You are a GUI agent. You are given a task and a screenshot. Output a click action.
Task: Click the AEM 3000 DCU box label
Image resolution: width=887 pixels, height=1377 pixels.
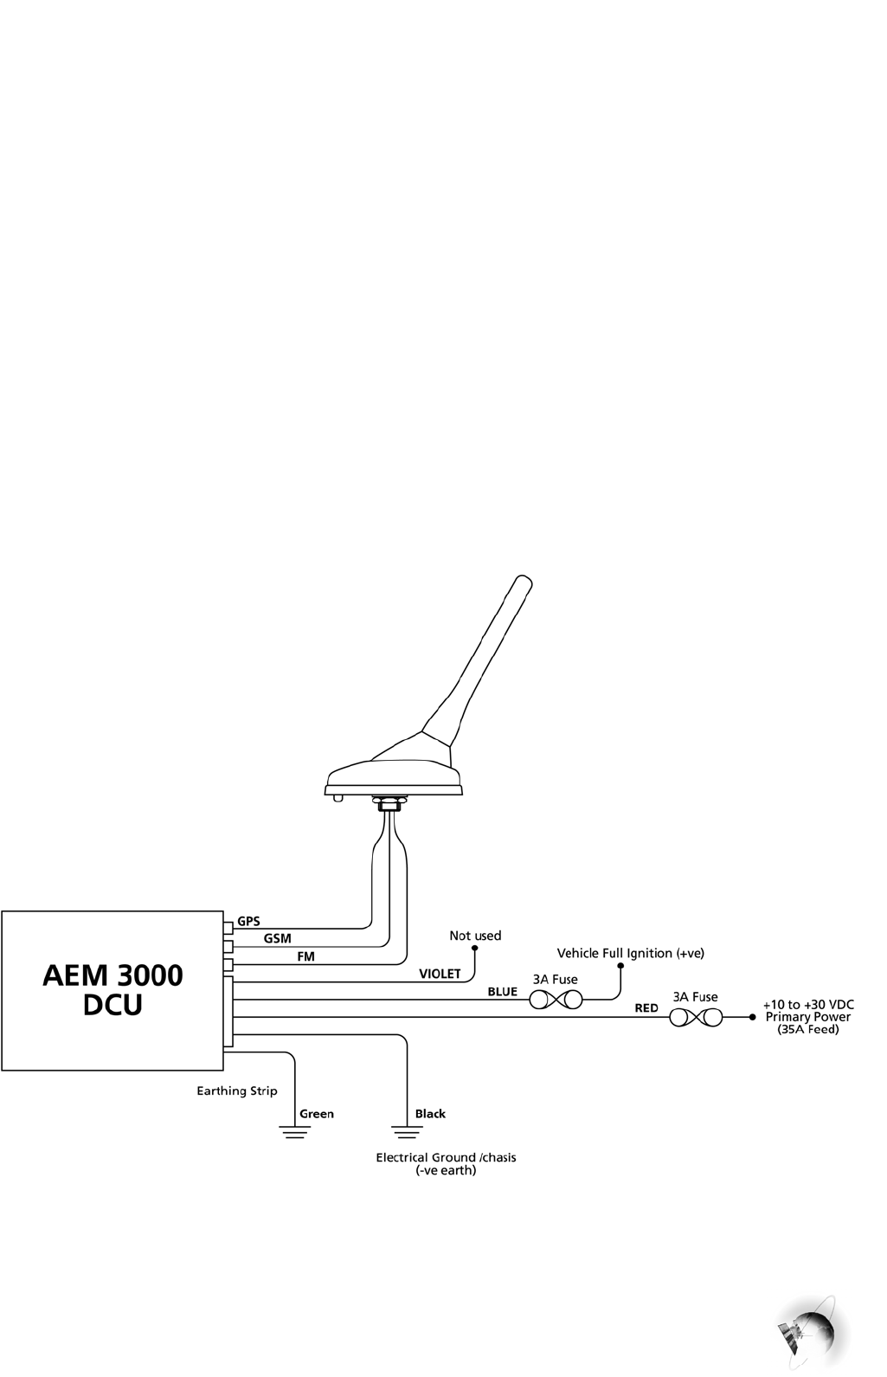(x=112, y=990)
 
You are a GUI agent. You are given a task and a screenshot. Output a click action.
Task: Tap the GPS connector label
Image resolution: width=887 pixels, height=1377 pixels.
(x=248, y=921)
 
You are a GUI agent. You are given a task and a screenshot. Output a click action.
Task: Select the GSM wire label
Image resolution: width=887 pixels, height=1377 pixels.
(x=277, y=938)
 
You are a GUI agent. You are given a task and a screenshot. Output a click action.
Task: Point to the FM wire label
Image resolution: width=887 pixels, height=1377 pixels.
(x=305, y=956)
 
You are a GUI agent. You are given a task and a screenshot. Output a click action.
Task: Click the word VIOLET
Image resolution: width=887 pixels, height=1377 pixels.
(x=440, y=974)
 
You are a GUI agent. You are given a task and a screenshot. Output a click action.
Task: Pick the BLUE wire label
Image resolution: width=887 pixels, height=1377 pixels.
(x=502, y=992)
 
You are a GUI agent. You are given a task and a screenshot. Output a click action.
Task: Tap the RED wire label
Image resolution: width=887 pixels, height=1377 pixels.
(x=646, y=1008)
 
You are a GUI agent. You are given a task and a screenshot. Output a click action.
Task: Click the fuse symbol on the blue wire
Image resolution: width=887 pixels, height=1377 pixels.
(x=556, y=1001)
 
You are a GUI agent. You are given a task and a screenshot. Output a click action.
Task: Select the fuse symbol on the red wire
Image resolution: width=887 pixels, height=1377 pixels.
(x=695, y=1018)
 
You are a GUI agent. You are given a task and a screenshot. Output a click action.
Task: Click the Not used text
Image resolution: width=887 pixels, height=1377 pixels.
(x=475, y=936)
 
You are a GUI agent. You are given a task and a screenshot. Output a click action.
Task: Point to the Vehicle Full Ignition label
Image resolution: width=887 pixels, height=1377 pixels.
(x=630, y=953)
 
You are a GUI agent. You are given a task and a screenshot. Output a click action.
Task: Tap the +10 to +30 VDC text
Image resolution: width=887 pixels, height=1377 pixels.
(x=808, y=1005)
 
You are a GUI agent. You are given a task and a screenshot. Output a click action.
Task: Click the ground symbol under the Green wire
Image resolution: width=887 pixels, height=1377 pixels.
(x=295, y=1132)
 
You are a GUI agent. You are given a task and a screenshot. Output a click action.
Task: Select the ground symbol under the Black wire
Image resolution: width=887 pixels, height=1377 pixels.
(x=408, y=1132)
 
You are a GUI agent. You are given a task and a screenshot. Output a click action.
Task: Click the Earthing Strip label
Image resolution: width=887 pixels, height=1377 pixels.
(x=237, y=1091)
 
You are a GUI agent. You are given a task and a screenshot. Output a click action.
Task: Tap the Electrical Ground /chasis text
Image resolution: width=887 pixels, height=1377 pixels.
(x=446, y=1157)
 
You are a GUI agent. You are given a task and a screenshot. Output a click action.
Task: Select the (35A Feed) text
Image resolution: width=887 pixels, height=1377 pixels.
(x=808, y=1030)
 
